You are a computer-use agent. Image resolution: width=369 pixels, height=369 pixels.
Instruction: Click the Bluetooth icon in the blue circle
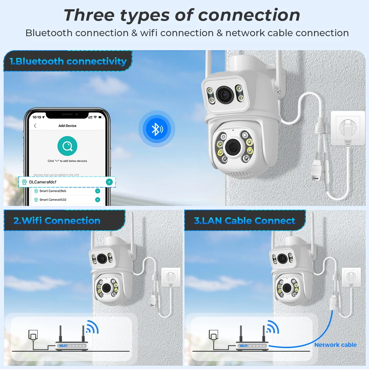(x=157, y=129)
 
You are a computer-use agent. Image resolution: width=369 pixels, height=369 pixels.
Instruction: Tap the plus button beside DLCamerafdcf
(x=109, y=182)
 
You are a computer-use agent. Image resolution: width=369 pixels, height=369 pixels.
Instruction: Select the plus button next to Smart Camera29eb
(x=97, y=191)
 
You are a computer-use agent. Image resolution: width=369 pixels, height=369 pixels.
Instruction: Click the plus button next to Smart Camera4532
(x=97, y=200)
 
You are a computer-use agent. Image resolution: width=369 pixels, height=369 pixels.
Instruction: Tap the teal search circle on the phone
(x=67, y=146)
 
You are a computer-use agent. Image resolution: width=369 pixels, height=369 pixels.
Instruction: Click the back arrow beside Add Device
(x=35, y=126)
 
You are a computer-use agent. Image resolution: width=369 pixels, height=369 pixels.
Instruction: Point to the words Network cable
(x=335, y=345)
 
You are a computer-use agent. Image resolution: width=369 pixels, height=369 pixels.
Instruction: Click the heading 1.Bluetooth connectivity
(x=68, y=61)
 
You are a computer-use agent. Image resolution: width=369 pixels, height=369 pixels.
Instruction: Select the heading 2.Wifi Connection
(x=57, y=221)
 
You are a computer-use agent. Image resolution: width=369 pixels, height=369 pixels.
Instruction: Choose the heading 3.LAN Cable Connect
(x=245, y=221)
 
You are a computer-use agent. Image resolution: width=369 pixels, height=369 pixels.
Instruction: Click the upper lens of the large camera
(x=224, y=95)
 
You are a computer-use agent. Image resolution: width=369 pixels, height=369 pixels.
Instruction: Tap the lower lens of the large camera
(x=233, y=147)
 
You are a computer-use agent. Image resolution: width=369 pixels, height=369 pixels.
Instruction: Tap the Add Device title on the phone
(x=68, y=126)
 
